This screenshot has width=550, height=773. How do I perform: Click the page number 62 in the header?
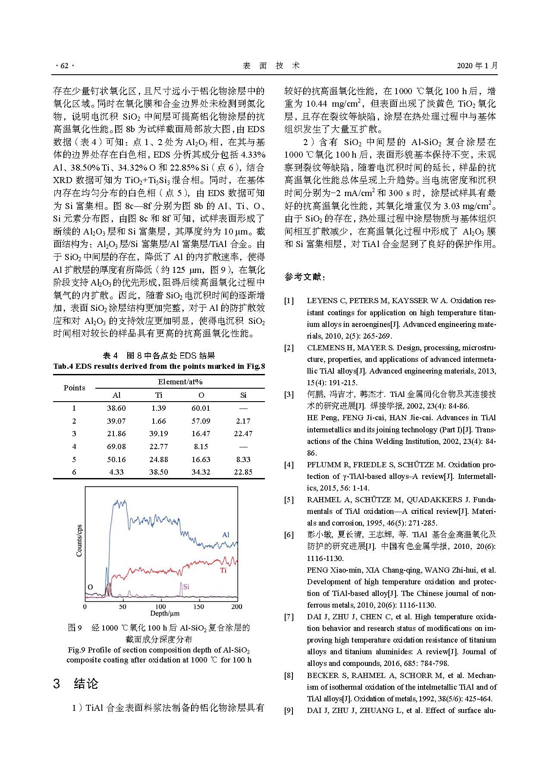click(65, 66)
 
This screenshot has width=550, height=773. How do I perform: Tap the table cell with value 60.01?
click(201, 408)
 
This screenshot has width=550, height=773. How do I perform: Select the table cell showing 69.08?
click(116, 447)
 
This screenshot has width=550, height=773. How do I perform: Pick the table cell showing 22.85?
click(243, 472)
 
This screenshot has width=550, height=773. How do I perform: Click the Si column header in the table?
click(243, 395)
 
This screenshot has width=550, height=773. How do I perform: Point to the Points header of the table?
click(74, 388)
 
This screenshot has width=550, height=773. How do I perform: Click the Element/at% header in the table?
click(180, 382)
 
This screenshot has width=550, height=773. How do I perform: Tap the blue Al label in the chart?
click(226, 535)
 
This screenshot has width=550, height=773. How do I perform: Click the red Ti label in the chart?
click(223, 570)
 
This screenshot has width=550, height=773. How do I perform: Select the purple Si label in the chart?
click(186, 587)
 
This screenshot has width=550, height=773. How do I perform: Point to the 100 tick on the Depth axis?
click(160, 606)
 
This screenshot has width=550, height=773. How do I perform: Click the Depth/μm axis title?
click(165, 614)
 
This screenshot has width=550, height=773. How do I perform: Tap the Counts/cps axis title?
click(79, 541)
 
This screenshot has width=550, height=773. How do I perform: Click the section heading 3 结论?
click(76, 684)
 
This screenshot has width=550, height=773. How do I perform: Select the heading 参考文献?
click(305, 277)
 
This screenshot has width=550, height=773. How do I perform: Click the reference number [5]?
click(289, 500)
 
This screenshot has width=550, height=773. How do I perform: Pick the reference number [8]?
click(289, 675)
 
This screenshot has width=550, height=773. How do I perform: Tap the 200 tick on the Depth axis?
click(237, 606)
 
